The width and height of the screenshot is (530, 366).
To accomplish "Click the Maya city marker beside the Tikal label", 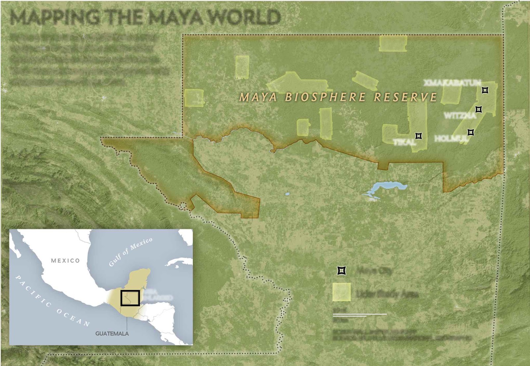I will coord(419,136).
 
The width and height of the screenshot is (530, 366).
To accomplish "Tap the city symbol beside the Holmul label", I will coord(471,132).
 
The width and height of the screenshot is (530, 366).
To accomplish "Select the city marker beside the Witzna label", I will coord(479,109).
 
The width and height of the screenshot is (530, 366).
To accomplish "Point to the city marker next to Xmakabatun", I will coord(485,90).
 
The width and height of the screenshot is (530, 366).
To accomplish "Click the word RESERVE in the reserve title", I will coord(405,97).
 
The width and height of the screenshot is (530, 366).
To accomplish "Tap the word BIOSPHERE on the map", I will coord(325,97).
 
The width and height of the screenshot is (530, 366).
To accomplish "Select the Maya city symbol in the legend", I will coord(342,271).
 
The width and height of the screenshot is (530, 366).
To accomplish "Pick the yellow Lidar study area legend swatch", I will coord(342,292).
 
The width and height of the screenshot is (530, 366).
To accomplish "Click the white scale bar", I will coord(359,314).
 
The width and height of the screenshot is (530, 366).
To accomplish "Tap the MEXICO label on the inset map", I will coord(66,261).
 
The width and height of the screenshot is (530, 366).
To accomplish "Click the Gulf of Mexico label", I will coord(131,252).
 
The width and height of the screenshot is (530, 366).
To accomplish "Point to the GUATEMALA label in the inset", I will coord(112,334).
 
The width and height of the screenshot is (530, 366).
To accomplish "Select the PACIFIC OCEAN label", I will coord(53,301).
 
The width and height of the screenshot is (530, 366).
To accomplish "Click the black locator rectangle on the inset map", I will coord(130,298).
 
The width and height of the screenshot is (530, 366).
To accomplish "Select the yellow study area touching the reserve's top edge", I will coord(393,44).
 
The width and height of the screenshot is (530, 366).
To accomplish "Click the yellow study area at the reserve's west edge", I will coord(194,98).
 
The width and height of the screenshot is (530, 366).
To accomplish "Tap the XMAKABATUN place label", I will coord(452,82).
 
